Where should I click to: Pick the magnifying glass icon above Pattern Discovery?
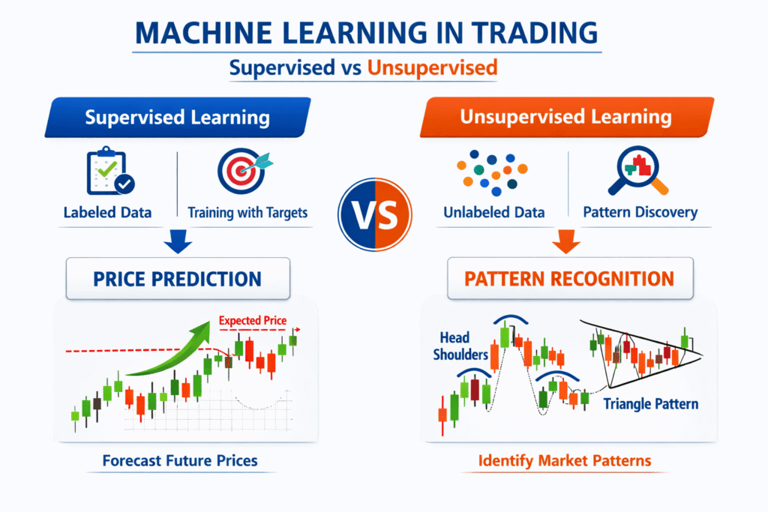click(637, 170)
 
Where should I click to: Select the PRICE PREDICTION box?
click(177, 279)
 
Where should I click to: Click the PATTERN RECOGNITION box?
click(568, 279)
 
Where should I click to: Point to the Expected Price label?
click(253, 321)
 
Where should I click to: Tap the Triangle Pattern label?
click(650, 404)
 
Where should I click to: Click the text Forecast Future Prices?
click(180, 460)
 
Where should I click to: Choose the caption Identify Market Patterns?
click(565, 460)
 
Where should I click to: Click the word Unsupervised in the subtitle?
click(432, 67)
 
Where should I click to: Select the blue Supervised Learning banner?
click(177, 118)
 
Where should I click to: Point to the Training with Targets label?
click(247, 212)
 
